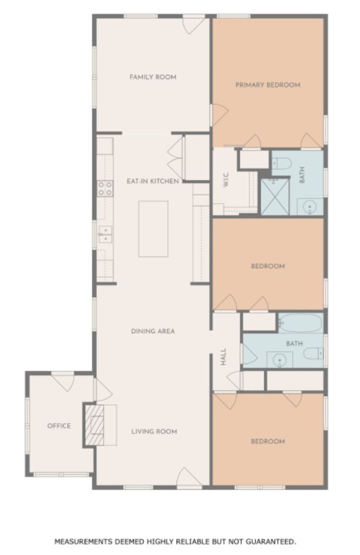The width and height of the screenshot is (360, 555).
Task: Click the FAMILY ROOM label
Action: pos(153,77)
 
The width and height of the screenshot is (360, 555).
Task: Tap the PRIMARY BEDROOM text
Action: pos(267,85)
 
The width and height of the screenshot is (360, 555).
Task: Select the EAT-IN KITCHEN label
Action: pos(153,181)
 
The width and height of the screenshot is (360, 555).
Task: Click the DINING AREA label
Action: pos(153,332)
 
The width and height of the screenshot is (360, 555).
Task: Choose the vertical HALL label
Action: pos(223,357)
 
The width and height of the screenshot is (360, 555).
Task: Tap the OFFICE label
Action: pos(59,426)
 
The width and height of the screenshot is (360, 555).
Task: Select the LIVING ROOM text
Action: pos(154,432)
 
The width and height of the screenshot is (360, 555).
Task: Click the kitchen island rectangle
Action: pos(153,228)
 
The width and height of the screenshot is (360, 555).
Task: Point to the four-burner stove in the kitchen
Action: pos(106,189)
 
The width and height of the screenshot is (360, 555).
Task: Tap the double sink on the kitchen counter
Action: pos(106,233)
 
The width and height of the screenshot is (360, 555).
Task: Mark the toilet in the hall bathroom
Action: pos(312,353)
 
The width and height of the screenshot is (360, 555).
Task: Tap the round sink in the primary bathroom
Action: pos(309,207)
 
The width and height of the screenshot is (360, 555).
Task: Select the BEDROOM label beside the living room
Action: pos(267,441)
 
